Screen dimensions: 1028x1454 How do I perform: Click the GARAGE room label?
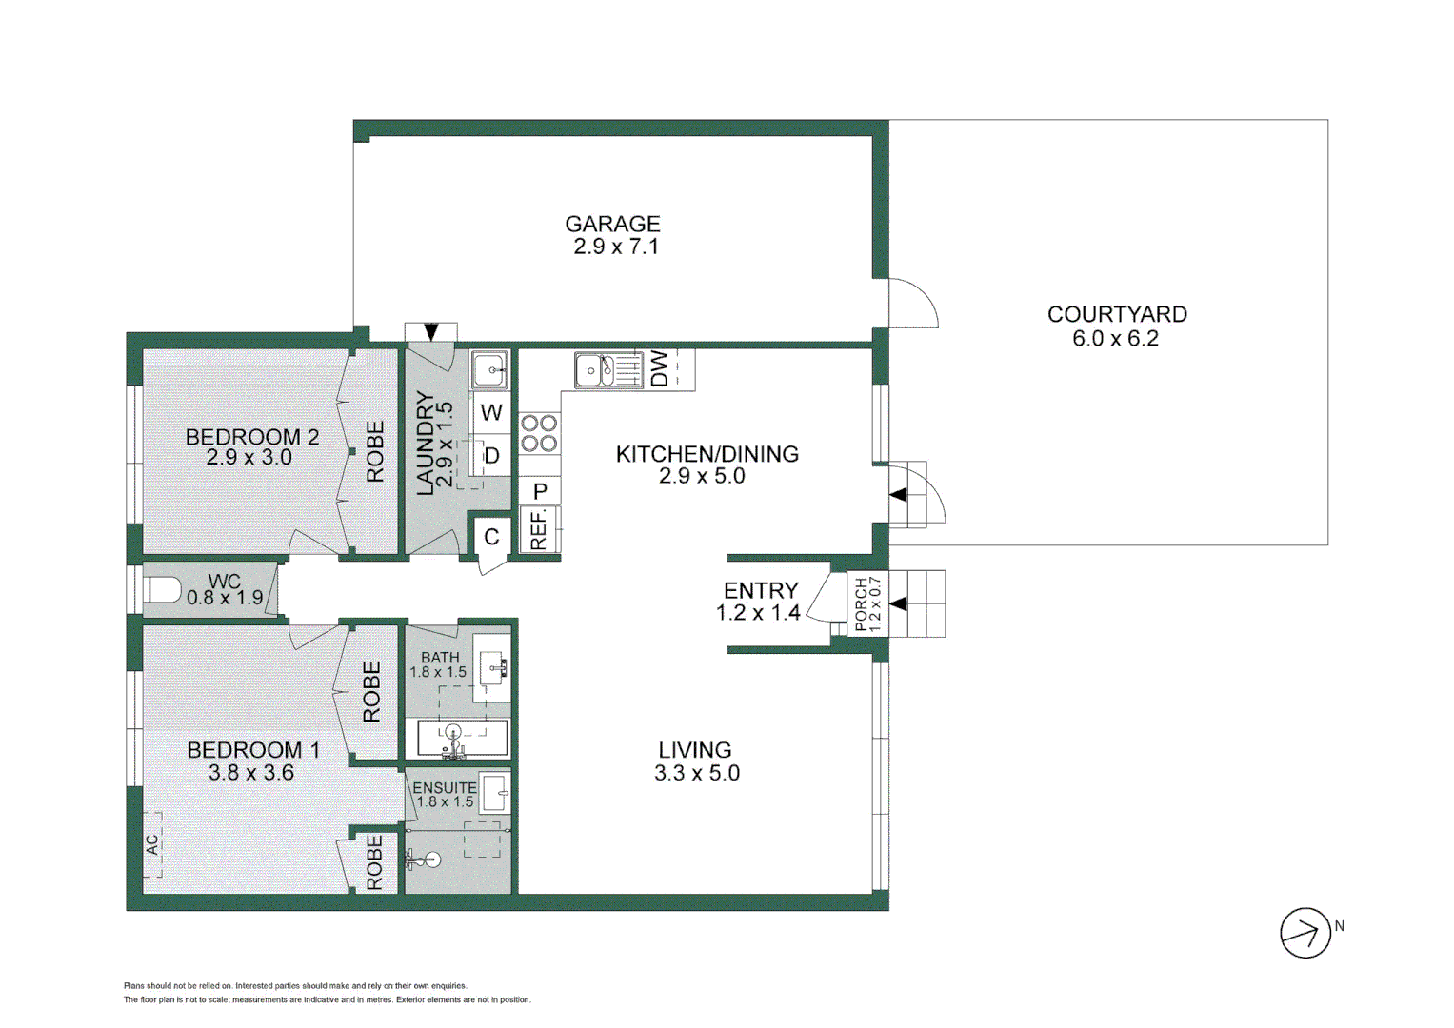(x=612, y=224)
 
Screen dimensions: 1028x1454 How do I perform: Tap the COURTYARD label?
(x=1116, y=314)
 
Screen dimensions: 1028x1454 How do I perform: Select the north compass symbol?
(x=1305, y=932)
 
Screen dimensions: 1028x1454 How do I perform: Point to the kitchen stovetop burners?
(x=539, y=433)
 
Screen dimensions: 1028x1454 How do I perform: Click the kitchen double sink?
(x=608, y=369)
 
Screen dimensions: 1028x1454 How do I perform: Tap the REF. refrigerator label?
(x=539, y=530)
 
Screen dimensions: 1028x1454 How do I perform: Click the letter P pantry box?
(x=540, y=491)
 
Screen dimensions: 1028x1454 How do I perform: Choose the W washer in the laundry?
(x=491, y=413)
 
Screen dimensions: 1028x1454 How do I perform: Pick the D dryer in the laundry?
(x=491, y=456)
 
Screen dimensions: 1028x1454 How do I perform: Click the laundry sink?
(x=490, y=369)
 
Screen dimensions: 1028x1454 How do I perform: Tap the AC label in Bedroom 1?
(x=152, y=844)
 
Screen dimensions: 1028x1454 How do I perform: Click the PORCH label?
(x=861, y=604)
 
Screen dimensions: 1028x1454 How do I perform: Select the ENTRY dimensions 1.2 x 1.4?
(x=758, y=613)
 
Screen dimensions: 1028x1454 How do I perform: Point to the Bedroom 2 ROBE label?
(x=375, y=452)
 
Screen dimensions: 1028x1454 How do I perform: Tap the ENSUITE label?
(x=444, y=788)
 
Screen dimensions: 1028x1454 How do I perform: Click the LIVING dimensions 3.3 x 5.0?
(x=696, y=773)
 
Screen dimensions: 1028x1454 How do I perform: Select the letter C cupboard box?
(x=491, y=537)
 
